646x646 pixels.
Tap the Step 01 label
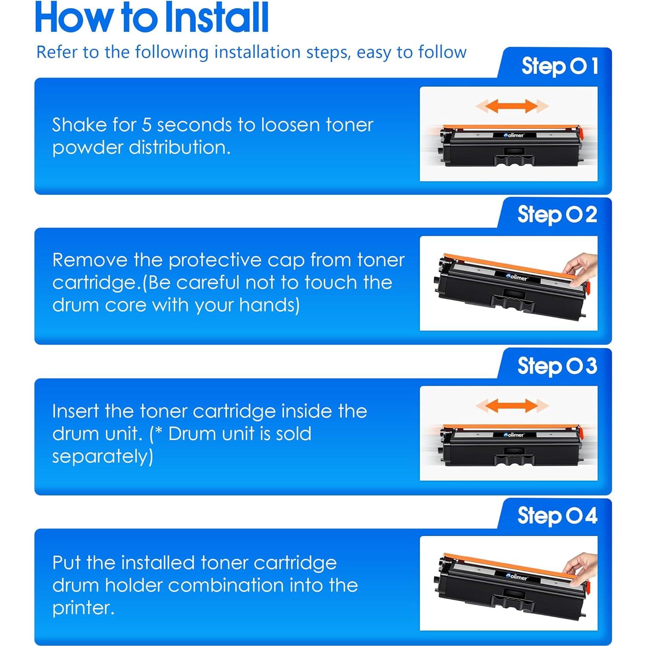pos(560,66)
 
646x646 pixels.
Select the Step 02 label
pos(557,215)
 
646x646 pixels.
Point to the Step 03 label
pos(557,366)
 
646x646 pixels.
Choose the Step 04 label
pos(557,516)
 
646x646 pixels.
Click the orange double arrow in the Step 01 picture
pos(512,106)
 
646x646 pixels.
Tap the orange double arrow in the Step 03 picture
pos(512,405)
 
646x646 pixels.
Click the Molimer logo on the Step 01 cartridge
pos(514,135)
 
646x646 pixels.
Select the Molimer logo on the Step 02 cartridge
pos(517,277)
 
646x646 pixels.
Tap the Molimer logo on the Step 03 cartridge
pos(514,435)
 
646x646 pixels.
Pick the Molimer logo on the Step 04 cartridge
pos(517,577)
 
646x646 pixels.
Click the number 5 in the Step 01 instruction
pos(147,125)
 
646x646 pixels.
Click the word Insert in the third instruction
pos(76,411)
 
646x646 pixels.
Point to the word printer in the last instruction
pos(83,608)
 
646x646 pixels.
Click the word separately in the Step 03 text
pos(103,457)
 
